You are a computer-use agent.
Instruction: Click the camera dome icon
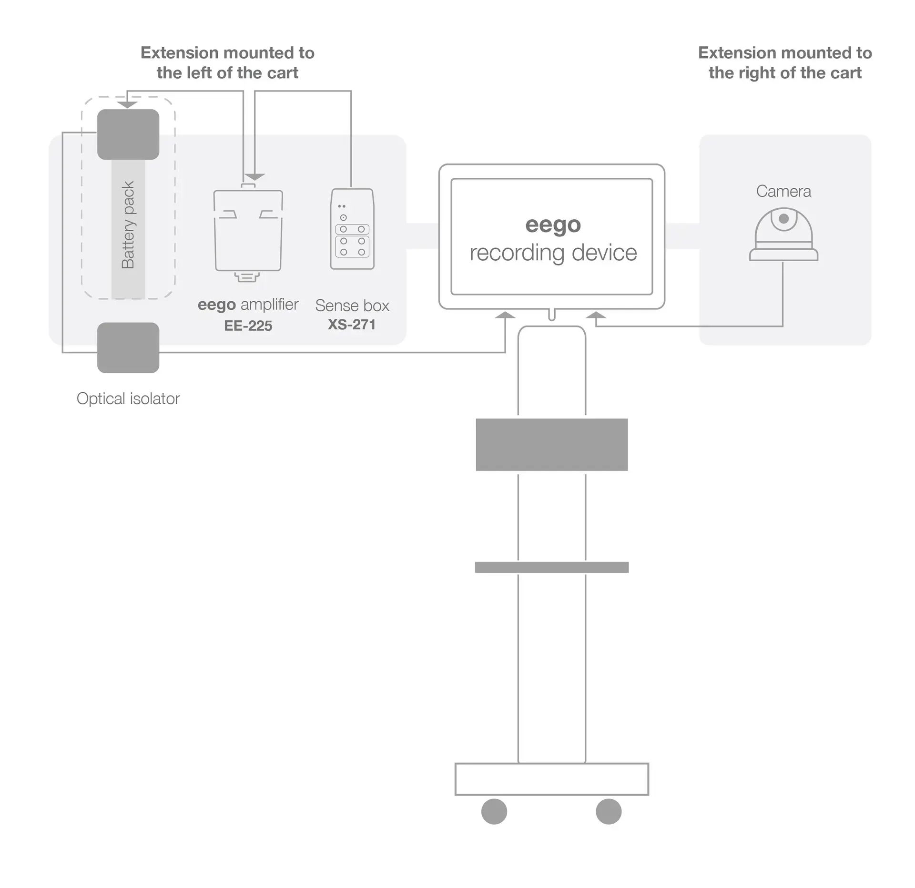tap(783, 234)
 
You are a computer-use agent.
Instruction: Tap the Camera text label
tap(783, 191)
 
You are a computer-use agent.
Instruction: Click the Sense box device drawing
tap(352, 229)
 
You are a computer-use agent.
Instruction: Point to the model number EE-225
tap(248, 326)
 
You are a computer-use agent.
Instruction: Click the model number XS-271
tap(352, 325)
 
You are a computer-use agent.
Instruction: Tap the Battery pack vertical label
tap(128, 225)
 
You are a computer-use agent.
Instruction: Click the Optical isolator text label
tap(128, 398)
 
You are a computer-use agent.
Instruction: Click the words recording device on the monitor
tap(553, 253)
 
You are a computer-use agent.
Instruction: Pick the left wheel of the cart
tap(494, 811)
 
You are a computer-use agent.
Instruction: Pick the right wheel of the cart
tap(609, 811)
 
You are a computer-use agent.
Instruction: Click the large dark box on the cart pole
tap(552, 445)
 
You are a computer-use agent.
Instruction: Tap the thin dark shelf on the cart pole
tap(552, 567)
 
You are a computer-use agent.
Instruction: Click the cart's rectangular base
tap(552, 779)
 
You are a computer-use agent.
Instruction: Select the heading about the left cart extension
tap(227, 62)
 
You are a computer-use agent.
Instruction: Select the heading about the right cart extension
tap(785, 62)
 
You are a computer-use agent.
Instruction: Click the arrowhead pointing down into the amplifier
tap(254, 177)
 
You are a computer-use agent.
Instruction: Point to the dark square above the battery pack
tap(128, 134)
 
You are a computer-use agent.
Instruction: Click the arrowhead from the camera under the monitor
tap(596, 315)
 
